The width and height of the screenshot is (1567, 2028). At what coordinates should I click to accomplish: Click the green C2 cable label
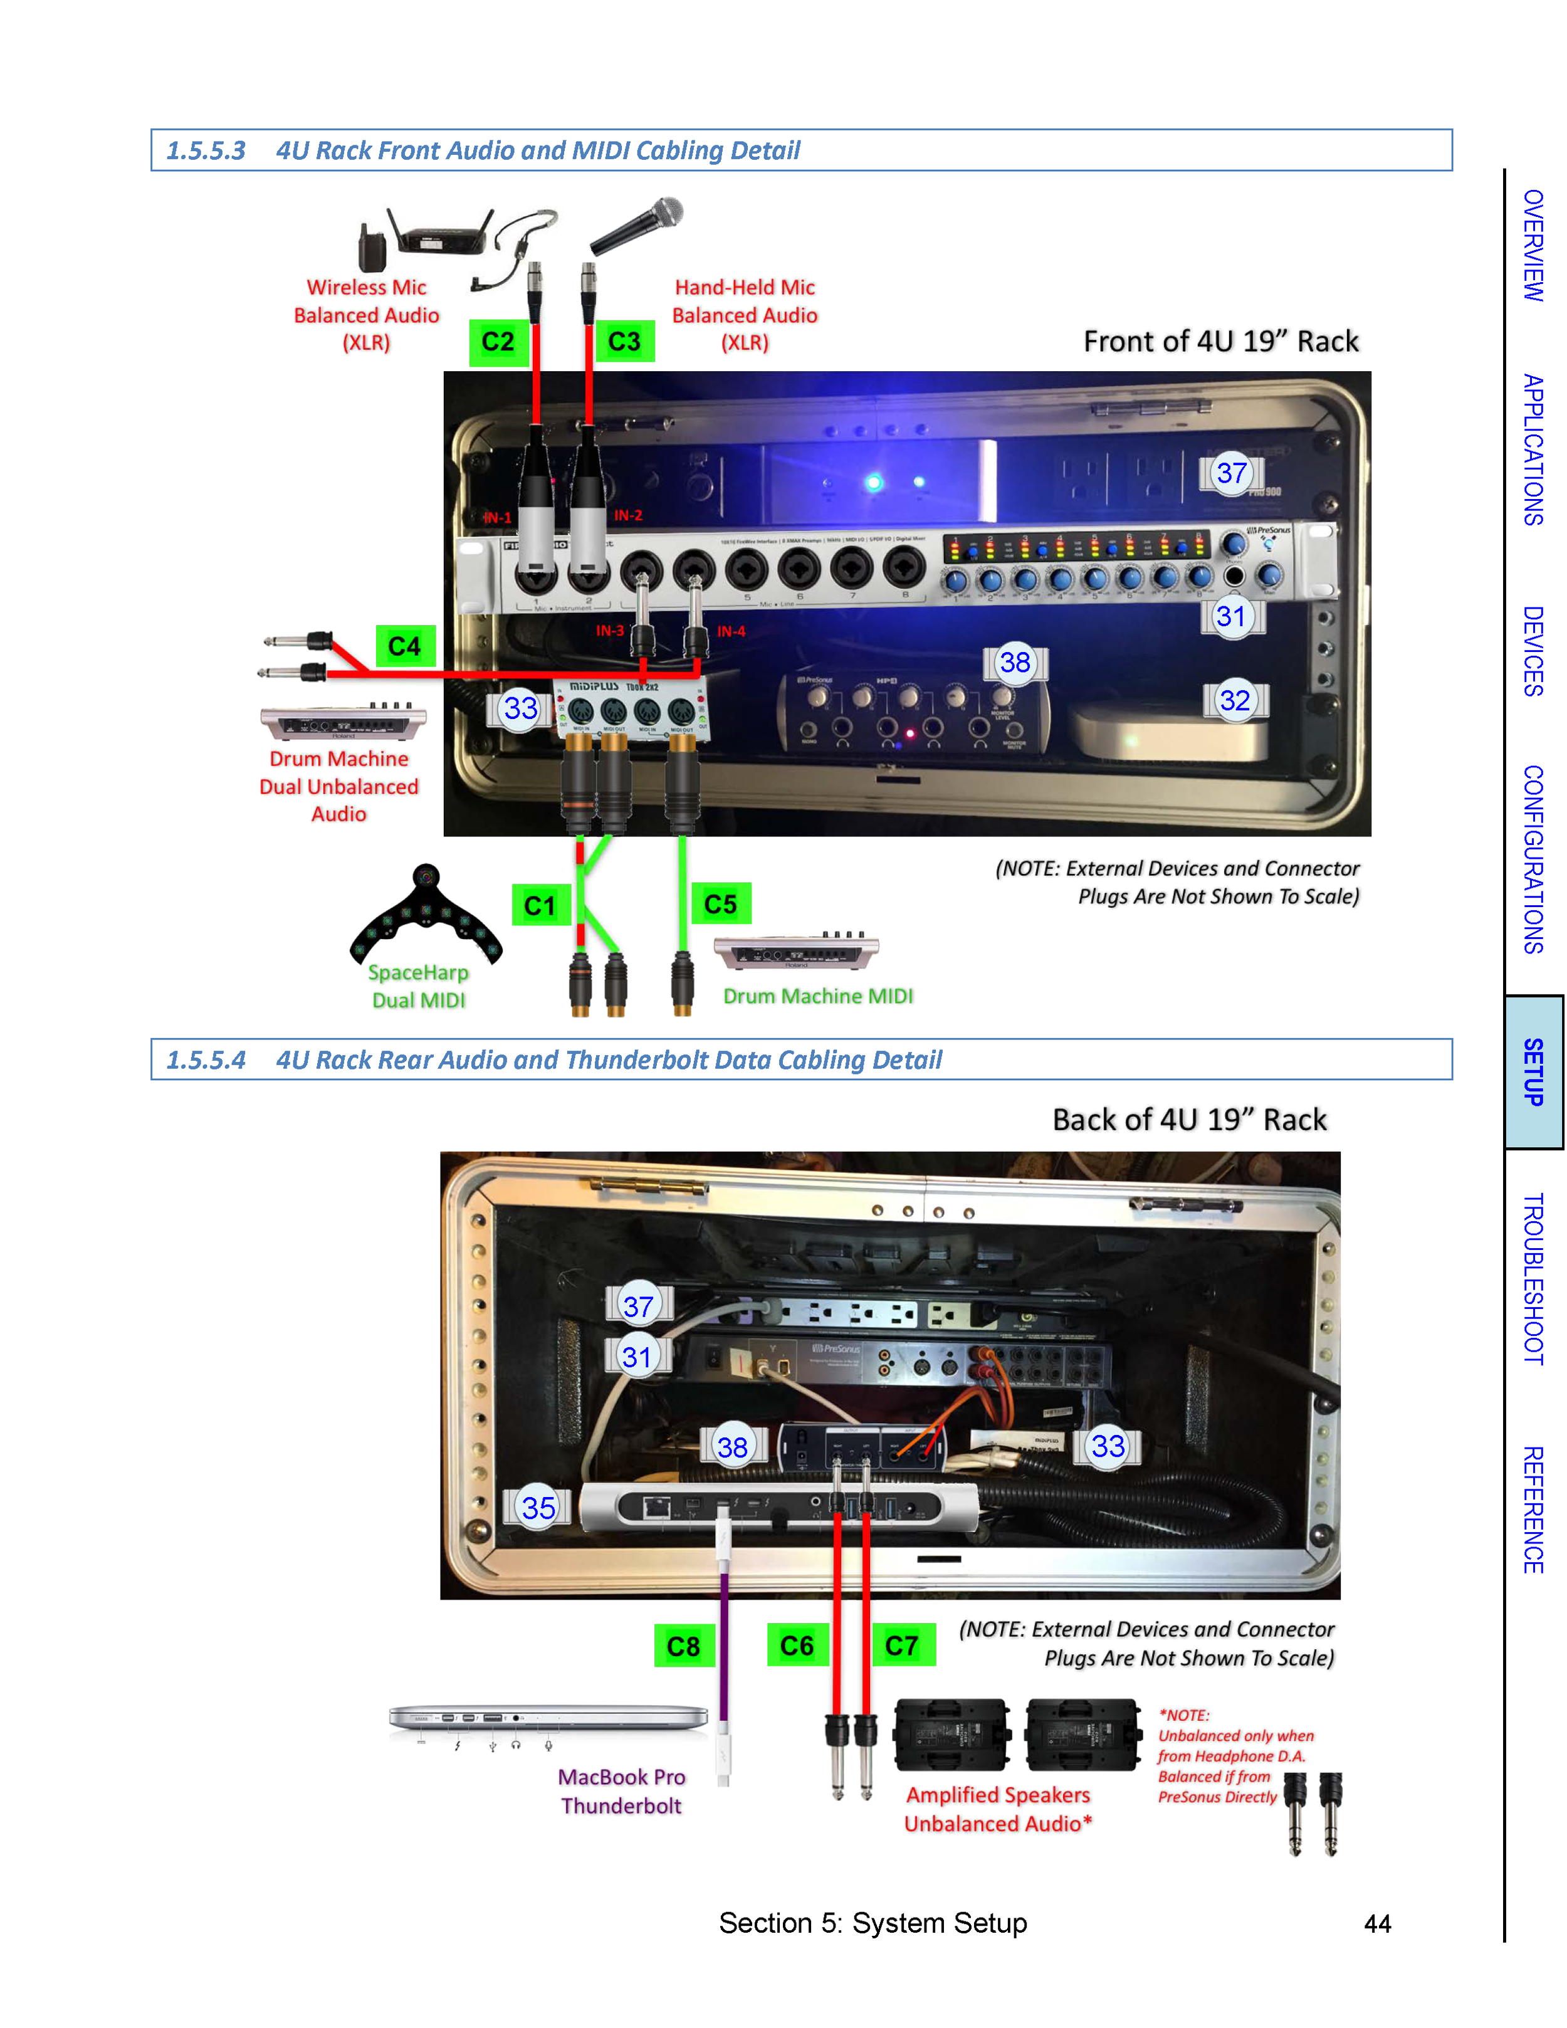coord(498,342)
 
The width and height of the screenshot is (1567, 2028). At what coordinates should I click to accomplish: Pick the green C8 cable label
coord(683,1646)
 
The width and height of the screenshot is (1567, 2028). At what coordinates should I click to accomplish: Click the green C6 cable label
coord(797,1646)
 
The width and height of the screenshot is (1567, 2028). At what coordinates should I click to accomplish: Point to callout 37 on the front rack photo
coord(1231,473)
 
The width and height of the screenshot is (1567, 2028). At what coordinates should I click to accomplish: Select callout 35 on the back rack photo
coord(538,1507)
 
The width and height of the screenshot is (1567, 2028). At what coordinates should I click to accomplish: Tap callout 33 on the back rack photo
coord(1108,1446)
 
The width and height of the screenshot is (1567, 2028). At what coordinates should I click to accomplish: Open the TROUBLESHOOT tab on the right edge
coord(1534,1279)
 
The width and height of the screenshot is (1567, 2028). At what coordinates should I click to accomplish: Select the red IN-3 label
coord(610,631)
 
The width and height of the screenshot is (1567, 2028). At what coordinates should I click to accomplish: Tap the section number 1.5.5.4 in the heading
coord(206,1059)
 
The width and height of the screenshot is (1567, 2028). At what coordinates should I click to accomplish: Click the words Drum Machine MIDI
coord(818,996)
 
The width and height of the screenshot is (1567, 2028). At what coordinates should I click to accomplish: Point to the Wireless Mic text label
coord(367,288)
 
